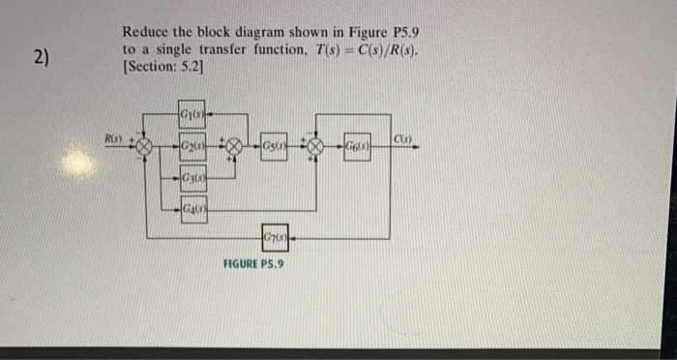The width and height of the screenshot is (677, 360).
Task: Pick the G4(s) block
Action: tap(191, 207)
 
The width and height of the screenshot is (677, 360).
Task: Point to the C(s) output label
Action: tap(403, 139)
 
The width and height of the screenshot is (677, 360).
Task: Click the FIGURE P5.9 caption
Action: tap(253, 263)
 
